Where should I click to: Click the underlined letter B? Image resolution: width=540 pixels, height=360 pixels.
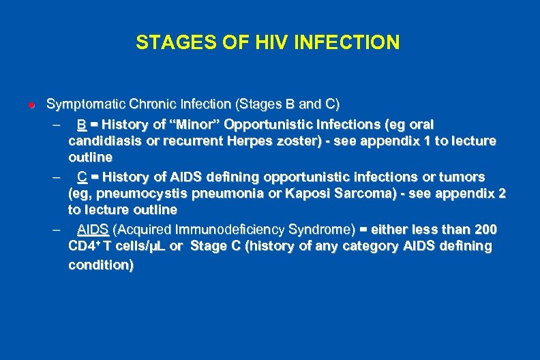81,124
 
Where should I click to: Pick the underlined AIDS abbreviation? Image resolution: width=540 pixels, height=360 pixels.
93,228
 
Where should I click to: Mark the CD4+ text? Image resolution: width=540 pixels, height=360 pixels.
85,246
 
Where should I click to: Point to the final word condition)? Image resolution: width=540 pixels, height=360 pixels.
101,265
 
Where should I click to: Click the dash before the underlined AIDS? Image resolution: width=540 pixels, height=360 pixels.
55,229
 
